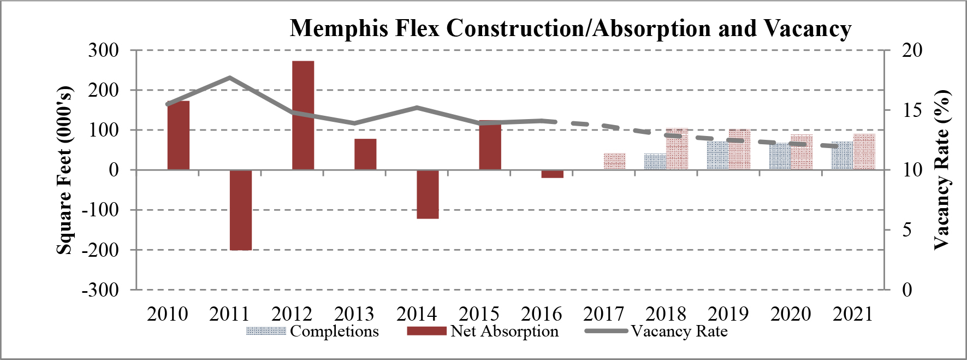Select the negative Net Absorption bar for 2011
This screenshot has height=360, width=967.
click(x=241, y=210)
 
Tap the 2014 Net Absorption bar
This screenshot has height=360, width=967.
click(x=428, y=194)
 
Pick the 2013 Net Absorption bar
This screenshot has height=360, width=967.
click(x=365, y=154)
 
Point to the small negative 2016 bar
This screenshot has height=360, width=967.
click(x=552, y=174)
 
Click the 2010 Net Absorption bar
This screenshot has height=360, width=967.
click(x=179, y=135)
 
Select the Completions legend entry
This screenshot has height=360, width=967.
click(x=312, y=331)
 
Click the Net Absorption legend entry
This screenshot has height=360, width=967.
click(x=483, y=331)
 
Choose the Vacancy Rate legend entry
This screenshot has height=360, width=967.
click(x=656, y=331)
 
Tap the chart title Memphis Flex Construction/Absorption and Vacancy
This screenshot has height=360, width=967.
click(x=570, y=28)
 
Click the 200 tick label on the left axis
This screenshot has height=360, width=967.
click(x=103, y=90)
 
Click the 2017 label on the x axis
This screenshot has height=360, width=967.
click(x=603, y=314)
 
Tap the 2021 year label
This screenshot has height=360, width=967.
click(x=853, y=314)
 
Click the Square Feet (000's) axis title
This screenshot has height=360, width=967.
click(x=64, y=170)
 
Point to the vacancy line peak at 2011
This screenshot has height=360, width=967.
click(x=230, y=78)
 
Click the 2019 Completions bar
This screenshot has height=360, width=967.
click(x=718, y=156)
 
